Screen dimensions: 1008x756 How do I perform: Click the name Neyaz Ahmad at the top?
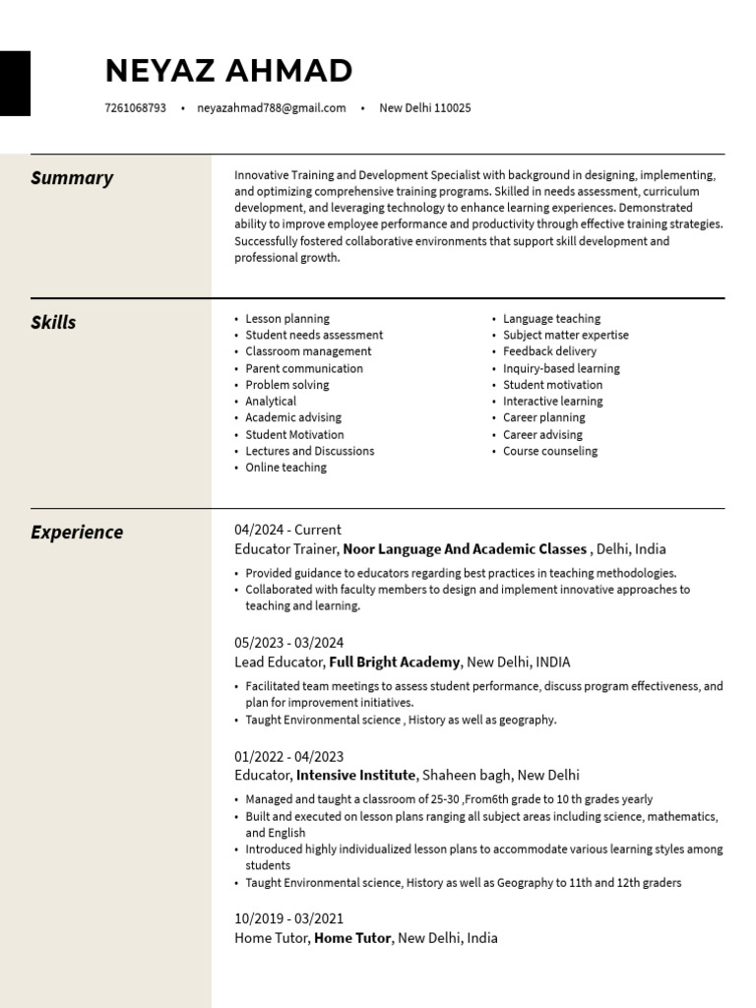point(228,71)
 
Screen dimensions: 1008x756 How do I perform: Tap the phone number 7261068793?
point(135,108)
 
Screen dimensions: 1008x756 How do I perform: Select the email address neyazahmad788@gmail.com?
point(271,108)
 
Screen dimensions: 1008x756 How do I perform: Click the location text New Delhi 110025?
point(425,108)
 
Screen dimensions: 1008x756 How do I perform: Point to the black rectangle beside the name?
point(15,84)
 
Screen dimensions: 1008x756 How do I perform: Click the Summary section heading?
point(72,178)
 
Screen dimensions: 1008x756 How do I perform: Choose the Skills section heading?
point(53,323)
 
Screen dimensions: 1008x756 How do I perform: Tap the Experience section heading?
point(77,533)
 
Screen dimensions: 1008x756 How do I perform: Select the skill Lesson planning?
point(287,319)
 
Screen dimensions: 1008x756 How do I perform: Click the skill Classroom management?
point(308,351)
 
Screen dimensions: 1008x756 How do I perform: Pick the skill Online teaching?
point(285,468)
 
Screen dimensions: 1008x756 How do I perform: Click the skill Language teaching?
point(551,319)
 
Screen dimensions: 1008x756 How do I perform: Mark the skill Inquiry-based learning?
point(561,368)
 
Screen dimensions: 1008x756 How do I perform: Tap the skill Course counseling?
point(550,451)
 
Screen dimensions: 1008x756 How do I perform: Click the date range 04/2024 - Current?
point(287,530)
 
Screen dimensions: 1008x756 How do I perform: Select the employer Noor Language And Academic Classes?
point(465,549)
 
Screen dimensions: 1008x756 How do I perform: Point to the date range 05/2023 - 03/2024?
point(288,643)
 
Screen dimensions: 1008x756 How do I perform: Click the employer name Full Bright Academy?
point(394,662)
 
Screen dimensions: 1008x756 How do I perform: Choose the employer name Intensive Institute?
point(356,776)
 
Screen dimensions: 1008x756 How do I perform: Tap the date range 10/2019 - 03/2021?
point(288,918)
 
